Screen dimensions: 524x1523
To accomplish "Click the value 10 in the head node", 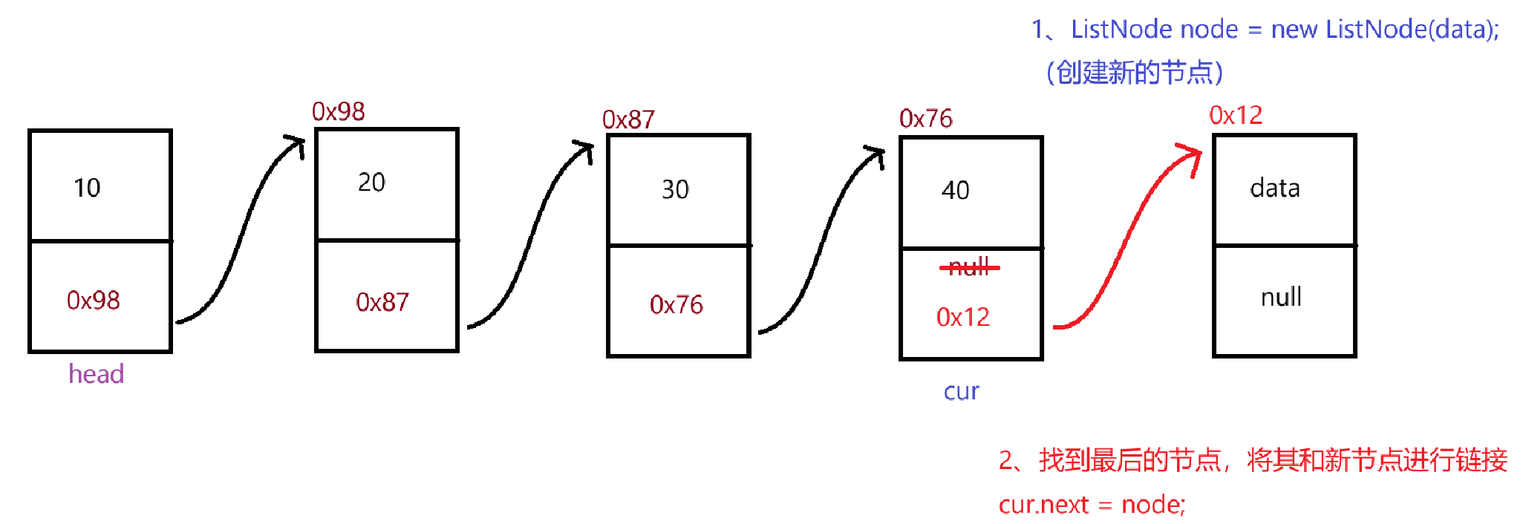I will [87, 188].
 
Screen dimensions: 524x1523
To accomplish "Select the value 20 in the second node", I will [371, 183].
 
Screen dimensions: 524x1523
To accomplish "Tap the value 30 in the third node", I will [675, 190].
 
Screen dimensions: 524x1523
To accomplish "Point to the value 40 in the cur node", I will [955, 191].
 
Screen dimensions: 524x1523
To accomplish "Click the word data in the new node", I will [1274, 189].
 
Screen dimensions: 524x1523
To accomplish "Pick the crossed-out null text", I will [969, 267].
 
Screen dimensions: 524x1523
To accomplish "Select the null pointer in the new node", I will [1281, 298].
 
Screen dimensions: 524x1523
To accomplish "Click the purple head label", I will [96, 374].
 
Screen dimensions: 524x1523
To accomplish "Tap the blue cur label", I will [961, 392].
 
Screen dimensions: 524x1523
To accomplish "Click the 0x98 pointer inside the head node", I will [93, 301].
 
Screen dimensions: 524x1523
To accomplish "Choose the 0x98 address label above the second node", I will [338, 112].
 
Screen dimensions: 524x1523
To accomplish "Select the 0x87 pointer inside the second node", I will [382, 303].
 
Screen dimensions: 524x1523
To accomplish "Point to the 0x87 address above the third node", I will [628, 120].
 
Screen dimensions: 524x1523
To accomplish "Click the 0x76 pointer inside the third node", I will [676, 305].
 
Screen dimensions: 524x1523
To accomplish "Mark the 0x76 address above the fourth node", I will [925, 119].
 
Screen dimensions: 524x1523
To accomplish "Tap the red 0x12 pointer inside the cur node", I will [962, 318].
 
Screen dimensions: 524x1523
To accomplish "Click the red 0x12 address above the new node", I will [1235, 116].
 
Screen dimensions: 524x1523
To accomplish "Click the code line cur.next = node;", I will [1092, 505].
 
